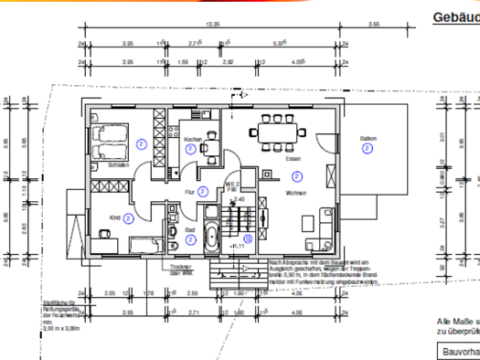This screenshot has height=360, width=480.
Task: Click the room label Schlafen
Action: tap(118, 166)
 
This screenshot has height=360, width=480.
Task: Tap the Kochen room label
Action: tap(193, 139)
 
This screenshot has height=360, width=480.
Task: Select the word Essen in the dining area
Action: tap(293, 160)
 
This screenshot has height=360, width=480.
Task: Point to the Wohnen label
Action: tap(295, 193)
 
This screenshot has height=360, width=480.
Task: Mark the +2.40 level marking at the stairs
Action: tap(238, 199)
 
